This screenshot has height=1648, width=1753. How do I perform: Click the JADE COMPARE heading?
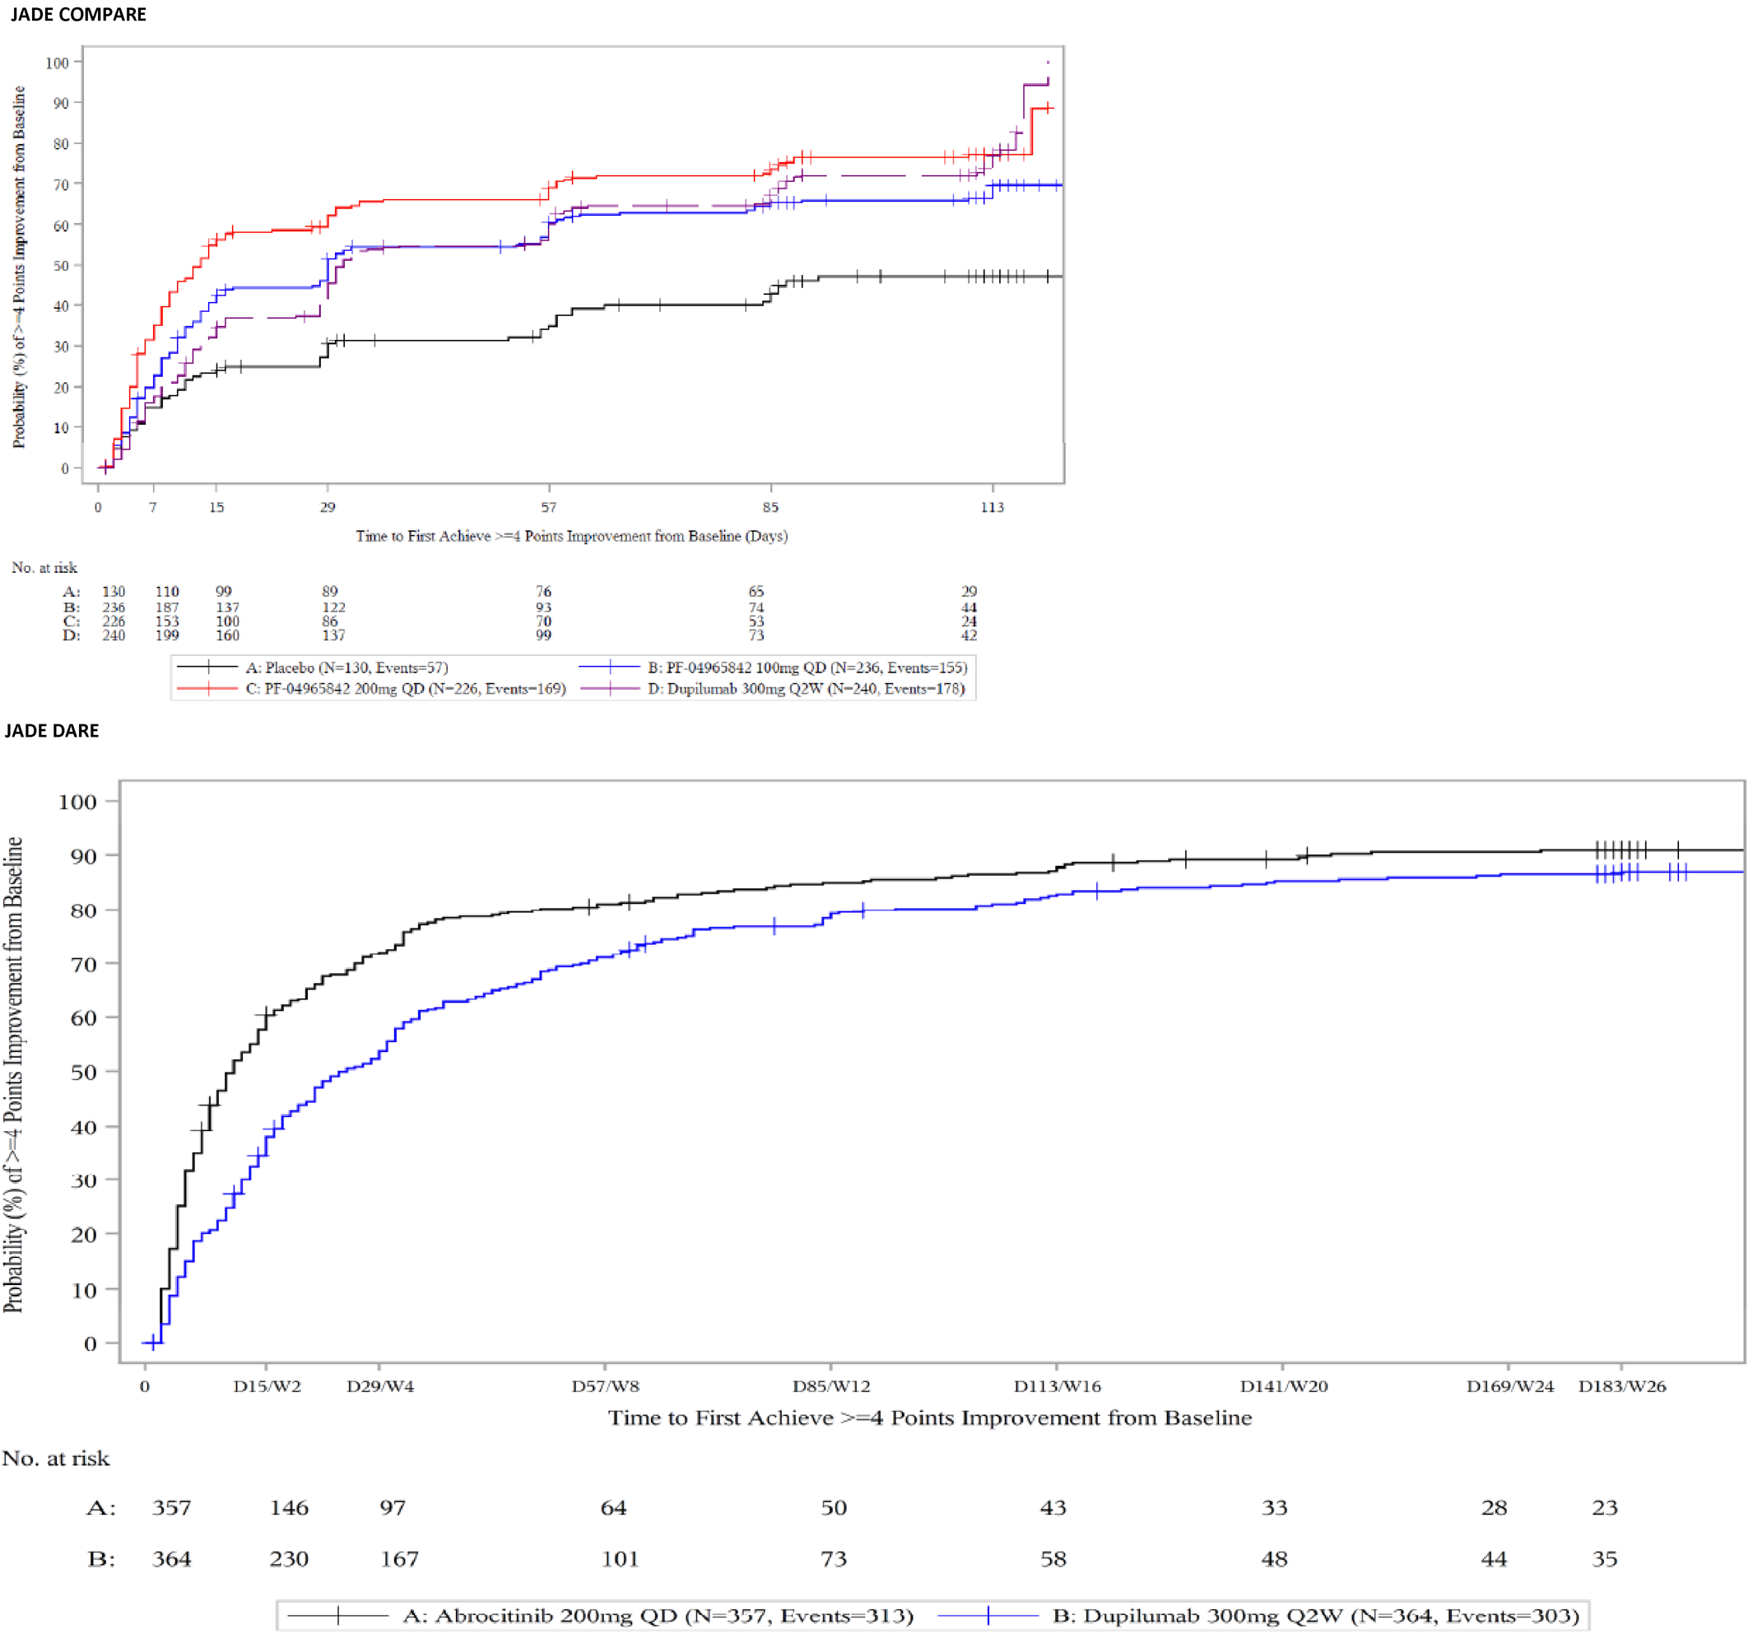click(78, 14)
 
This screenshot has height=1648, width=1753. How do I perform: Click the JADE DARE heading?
click(52, 731)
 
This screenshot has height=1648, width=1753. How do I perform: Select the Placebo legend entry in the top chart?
click(346, 668)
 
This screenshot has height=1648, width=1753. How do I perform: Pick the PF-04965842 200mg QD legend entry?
click(405, 690)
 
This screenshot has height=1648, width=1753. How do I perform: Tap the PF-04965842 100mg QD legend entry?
click(807, 668)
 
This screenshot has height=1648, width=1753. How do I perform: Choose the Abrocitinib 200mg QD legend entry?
click(658, 1616)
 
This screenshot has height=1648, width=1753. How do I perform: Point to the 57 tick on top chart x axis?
click(548, 508)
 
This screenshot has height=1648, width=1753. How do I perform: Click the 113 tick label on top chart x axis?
click(992, 508)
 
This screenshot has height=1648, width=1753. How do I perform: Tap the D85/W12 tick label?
click(830, 1387)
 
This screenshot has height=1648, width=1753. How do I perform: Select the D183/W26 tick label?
click(1621, 1387)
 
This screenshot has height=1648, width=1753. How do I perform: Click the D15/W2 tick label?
click(267, 1387)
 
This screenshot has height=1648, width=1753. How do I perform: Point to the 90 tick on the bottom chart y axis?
click(84, 856)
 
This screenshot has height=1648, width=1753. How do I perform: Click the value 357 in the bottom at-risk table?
click(171, 1509)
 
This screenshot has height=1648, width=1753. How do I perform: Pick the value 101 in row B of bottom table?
click(620, 1560)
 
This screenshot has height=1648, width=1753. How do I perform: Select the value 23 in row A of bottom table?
click(1604, 1509)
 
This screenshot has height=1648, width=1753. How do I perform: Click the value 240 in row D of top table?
click(114, 635)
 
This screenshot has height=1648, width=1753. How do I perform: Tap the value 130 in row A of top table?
click(114, 592)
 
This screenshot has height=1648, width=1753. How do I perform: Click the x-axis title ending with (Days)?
click(571, 536)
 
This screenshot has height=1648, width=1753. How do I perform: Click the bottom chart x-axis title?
click(929, 1418)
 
